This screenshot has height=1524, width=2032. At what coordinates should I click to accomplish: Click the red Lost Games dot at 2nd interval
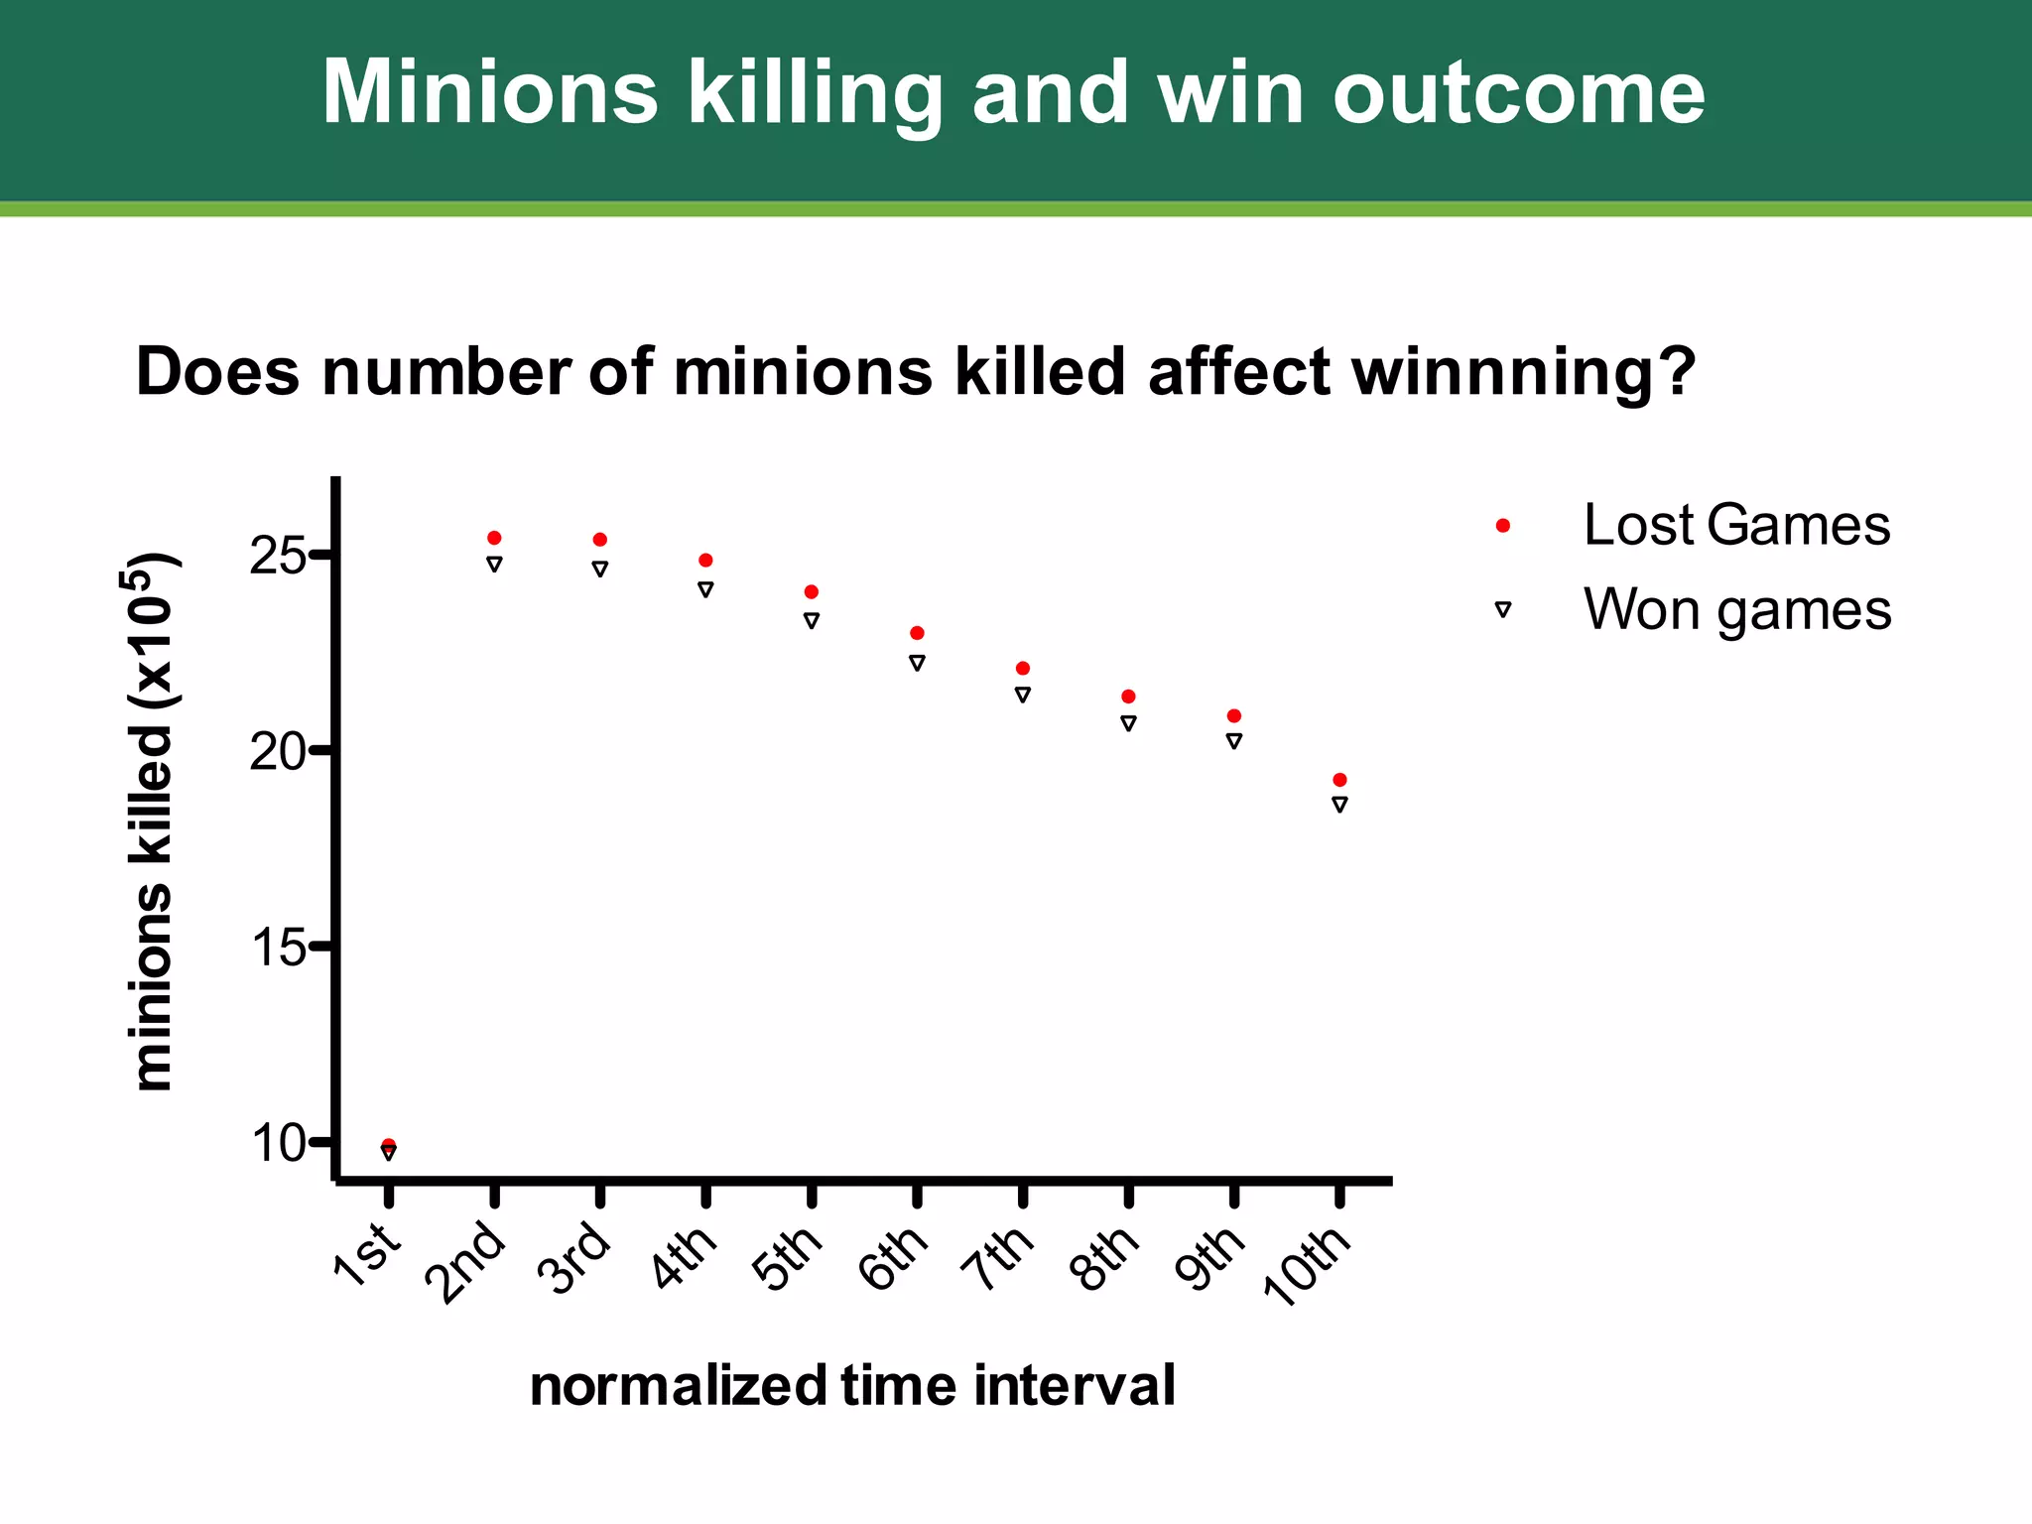[494, 538]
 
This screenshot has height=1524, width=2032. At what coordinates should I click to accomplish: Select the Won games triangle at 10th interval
[1339, 805]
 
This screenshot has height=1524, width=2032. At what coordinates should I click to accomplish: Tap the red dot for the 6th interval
[917, 633]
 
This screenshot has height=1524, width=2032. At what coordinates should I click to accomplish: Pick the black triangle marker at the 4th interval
[705, 589]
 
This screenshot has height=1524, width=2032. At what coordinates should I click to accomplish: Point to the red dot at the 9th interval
[1234, 715]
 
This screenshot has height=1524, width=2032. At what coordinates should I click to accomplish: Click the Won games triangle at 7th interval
[1023, 695]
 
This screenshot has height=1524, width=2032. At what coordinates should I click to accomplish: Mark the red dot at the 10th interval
[1339, 780]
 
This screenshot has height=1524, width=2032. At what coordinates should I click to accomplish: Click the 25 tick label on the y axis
[277, 557]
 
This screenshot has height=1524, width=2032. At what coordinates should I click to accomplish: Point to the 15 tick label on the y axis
[277, 949]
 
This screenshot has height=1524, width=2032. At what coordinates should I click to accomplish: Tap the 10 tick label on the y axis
[277, 1144]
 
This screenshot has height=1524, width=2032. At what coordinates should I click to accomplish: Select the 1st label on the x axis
[367, 1256]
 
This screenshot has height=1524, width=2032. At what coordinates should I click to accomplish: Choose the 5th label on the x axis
[788, 1258]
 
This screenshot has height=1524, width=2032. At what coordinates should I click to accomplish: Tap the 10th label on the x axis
[1306, 1265]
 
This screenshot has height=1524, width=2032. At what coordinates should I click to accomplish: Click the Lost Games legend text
[1736, 525]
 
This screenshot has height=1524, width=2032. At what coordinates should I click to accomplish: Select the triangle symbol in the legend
[1503, 610]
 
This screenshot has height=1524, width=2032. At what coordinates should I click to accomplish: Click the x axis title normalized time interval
[852, 1385]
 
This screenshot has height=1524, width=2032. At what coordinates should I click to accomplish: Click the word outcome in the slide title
[1518, 92]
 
